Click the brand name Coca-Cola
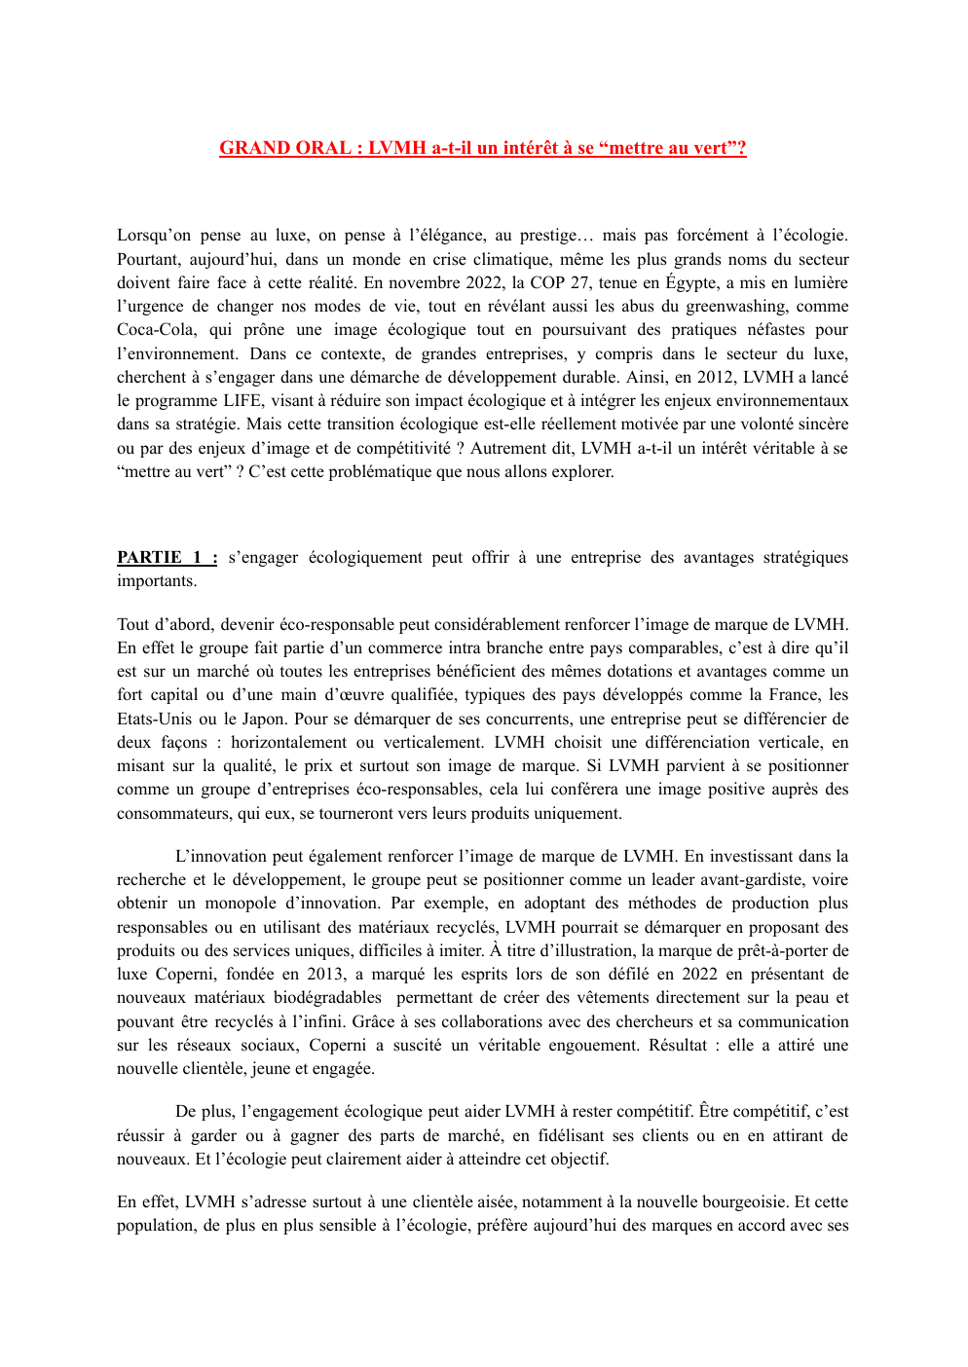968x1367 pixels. [x=156, y=330]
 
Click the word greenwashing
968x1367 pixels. [x=737, y=307]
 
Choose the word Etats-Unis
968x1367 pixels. [x=154, y=720]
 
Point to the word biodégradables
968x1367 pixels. [x=316, y=998]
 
